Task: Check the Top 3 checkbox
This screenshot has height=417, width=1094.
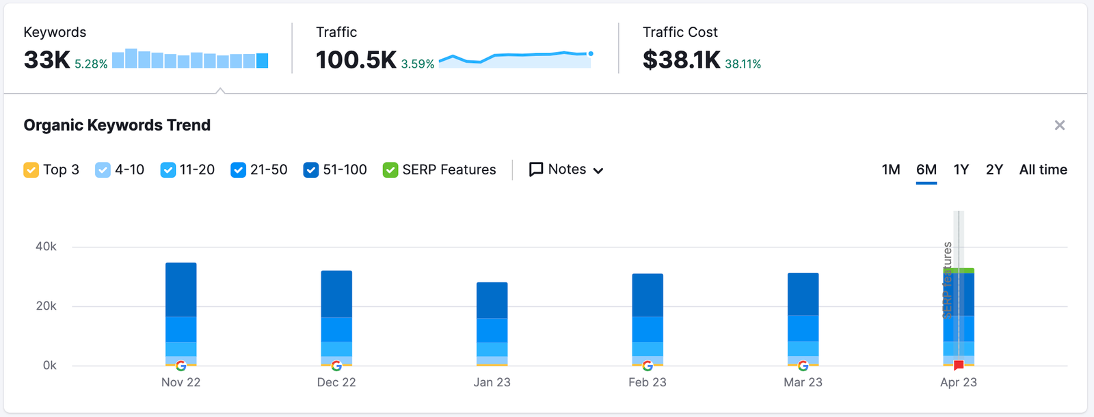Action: pos(31,170)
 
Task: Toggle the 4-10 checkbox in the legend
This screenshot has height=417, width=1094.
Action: pos(103,170)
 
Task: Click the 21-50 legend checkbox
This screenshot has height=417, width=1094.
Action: pos(238,170)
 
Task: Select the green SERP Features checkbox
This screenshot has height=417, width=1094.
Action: pos(390,170)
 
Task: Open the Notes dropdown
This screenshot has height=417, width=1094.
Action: pos(566,170)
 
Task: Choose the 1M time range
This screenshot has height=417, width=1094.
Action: pos(891,170)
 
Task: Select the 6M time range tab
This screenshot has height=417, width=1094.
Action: pos(926,170)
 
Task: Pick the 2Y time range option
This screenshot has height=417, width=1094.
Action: pos(994,170)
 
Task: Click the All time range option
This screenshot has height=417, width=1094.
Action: pos(1043,170)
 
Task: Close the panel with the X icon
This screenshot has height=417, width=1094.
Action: pos(1060,125)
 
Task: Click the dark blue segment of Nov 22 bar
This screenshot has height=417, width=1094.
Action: pos(181,290)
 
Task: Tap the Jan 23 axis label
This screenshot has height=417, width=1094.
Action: pos(492,382)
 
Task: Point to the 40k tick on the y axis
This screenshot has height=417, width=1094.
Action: pos(46,246)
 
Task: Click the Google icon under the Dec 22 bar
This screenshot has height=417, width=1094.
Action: pos(336,366)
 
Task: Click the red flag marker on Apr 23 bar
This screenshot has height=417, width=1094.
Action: pos(959,365)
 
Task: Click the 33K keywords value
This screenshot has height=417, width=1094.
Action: pos(46,60)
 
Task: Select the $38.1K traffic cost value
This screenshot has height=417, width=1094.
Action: pos(681,60)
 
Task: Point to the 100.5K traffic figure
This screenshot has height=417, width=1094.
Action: pos(356,60)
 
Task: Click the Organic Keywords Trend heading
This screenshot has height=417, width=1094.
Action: pos(117,125)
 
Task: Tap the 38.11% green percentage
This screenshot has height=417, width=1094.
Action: pos(743,64)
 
